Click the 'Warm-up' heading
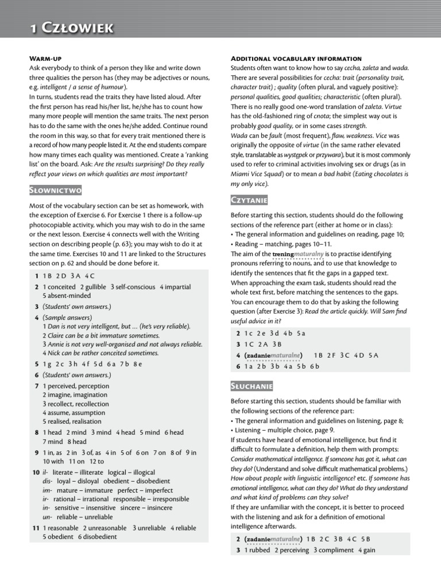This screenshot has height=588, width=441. point(46,59)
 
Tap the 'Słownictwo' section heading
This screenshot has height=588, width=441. point(56,190)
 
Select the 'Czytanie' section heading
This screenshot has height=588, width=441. point(249,200)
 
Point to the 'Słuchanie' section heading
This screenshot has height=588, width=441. point(252,386)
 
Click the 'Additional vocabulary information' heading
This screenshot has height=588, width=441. point(296,59)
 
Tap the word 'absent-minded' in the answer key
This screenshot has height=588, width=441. point(67,296)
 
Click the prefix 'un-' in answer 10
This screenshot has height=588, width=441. point(47,517)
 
